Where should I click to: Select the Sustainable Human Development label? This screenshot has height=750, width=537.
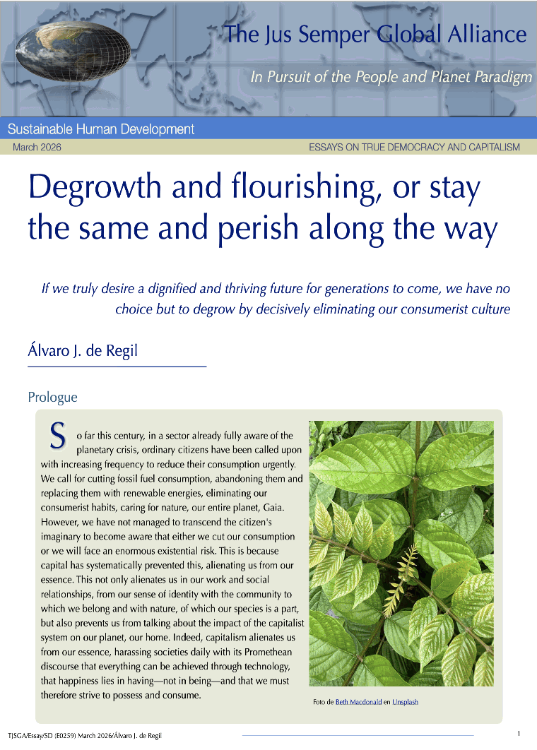point(101,129)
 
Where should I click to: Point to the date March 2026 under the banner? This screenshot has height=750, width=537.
point(37,148)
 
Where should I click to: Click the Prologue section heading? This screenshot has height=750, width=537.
point(52,398)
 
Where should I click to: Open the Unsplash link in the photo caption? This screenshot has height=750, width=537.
point(406,702)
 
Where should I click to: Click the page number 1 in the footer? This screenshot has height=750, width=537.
point(519,734)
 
